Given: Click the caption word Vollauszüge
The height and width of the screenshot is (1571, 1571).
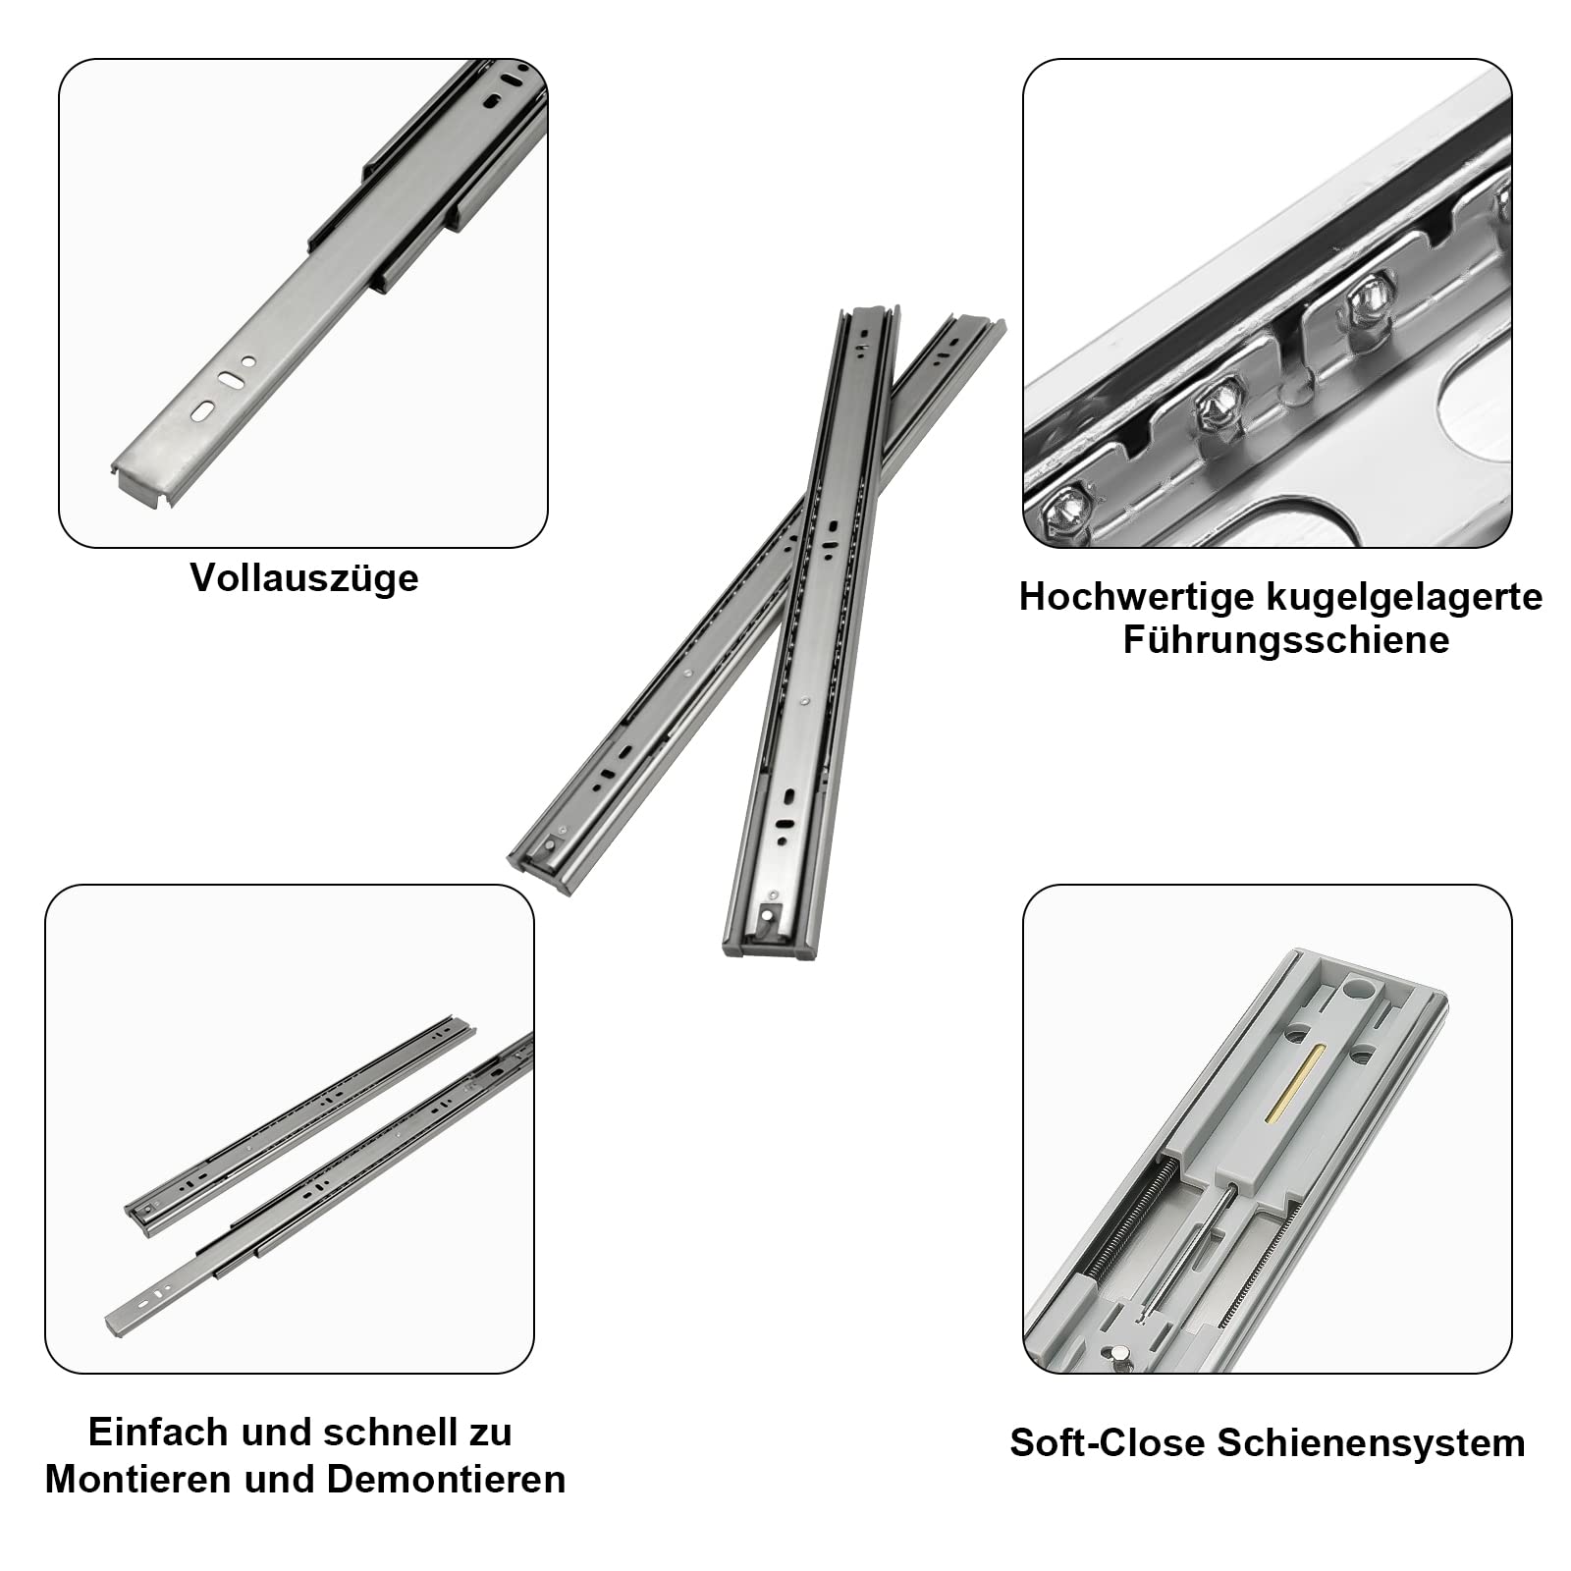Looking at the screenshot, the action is (304, 578).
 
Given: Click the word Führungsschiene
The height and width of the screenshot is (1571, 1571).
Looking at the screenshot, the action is (1286, 640).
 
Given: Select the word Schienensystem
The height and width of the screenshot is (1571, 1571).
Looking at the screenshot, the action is (1372, 1443).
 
